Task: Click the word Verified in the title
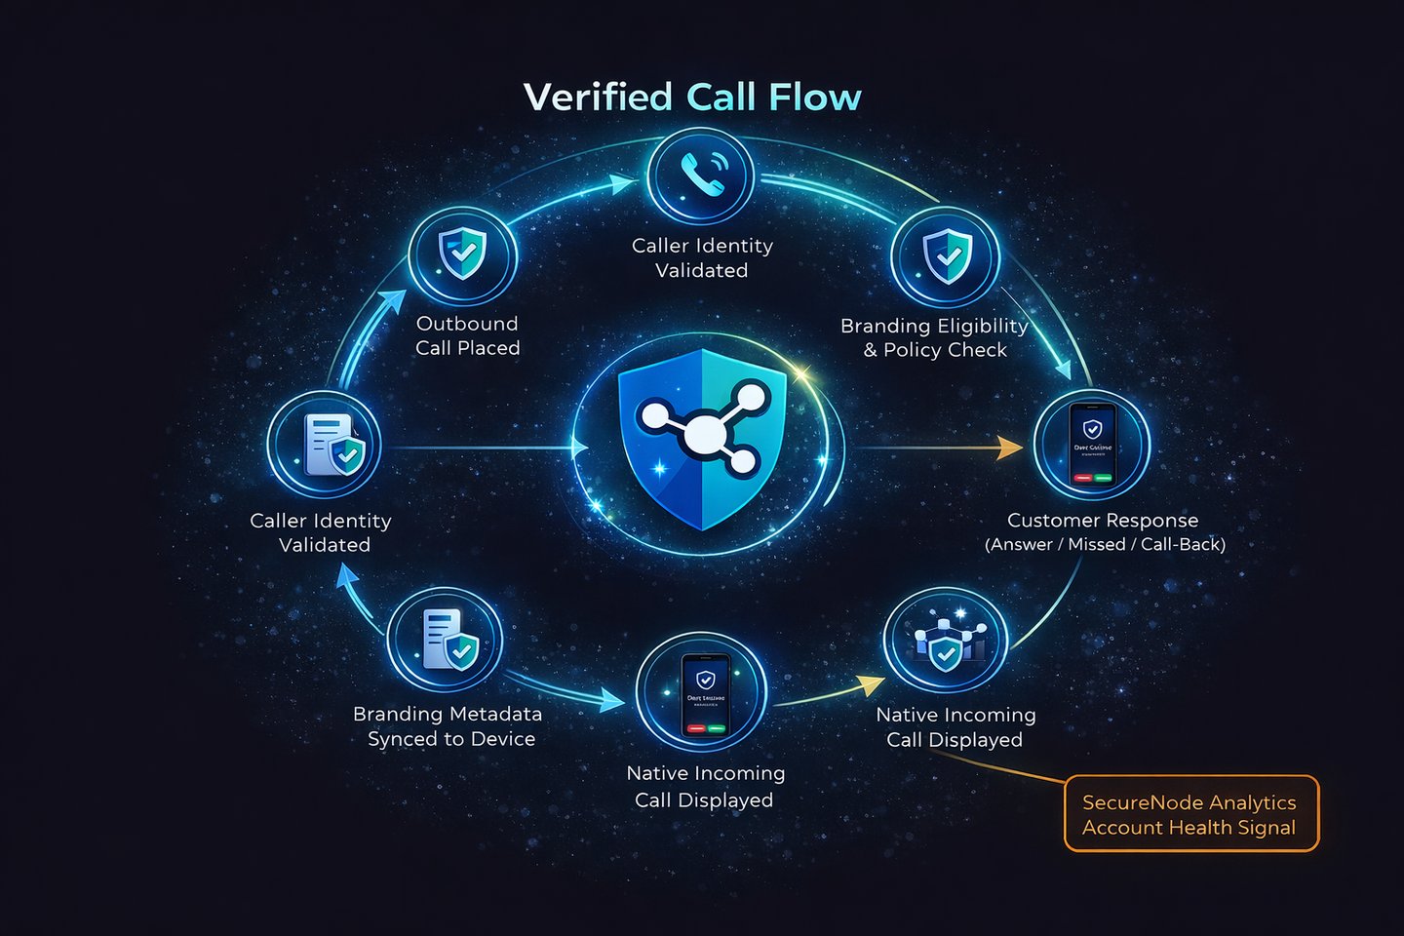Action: pyautogui.click(x=598, y=97)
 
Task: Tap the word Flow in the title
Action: pyautogui.click(x=814, y=97)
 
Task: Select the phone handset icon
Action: pyautogui.click(x=701, y=175)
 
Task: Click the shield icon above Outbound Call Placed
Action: pyautogui.click(x=462, y=254)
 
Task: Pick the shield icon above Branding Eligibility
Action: pyautogui.click(x=946, y=255)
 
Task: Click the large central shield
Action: pyautogui.click(x=702, y=439)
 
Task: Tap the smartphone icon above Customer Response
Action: pyautogui.click(x=1092, y=445)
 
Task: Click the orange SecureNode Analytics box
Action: pyautogui.click(x=1190, y=814)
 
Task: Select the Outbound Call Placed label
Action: pyautogui.click(x=468, y=335)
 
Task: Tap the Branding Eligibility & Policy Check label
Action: pyautogui.click(x=935, y=337)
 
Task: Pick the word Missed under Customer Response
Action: pyautogui.click(x=1096, y=544)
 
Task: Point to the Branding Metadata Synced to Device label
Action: pyautogui.click(x=448, y=726)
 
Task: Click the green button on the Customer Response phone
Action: pyautogui.click(x=1103, y=478)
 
